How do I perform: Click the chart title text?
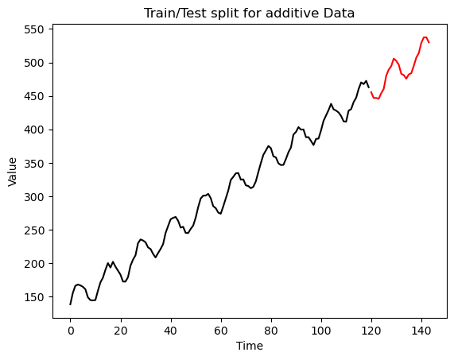coord(250,14)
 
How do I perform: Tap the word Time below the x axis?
coord(250,346)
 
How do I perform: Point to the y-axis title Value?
coord(12,172)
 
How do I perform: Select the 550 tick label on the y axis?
coord(34,29)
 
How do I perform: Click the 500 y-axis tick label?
coord(34,63)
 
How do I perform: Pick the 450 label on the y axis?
coord(34,96)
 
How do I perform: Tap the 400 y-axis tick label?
coord(34,130)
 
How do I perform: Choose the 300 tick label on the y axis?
coord(34,197)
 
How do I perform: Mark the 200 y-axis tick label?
coord(34,264)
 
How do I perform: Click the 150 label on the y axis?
coord(34,297)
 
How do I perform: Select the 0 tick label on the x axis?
coord(70,330)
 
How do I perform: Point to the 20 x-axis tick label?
coord(121,330)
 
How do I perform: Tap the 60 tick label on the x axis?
coord(221,330)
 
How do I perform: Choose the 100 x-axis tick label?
coord(321,330)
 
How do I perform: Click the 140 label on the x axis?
coord(422,330)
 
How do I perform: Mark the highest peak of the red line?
coord(425,37)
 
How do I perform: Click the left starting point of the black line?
coord(70,304)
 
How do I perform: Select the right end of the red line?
coord(429,43)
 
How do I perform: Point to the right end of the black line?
coord(369,87)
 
